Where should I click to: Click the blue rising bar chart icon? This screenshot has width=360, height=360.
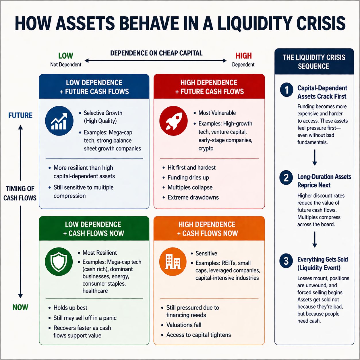pos(59,121)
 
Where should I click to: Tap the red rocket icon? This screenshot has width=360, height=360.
pos(173,121)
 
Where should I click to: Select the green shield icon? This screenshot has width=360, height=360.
pos(59,262)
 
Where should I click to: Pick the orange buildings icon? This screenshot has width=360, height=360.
pos(173,262)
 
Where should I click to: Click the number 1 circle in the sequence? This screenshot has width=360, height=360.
pos(287,90)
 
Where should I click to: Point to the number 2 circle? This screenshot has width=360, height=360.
pos(286,178)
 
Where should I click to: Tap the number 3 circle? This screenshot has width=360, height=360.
pos(286,261)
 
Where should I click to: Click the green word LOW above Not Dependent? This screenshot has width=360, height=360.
pos(65,56)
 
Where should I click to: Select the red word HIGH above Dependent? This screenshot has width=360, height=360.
pos(243,56)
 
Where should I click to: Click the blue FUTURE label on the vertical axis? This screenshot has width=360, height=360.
pos(20,115)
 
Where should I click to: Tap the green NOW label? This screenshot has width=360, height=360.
pos(20,307)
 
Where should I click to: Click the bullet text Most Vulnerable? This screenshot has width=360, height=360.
pos(217,113)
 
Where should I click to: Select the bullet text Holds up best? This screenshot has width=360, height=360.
pos(70,308)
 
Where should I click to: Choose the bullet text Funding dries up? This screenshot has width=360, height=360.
pos(188,177)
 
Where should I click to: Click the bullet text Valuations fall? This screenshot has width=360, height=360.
pos(184,325)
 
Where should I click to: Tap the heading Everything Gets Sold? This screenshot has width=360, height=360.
pos(322,260)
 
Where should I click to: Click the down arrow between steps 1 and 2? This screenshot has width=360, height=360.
pos(315,158)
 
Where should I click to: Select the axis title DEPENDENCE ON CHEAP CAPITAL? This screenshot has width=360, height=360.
pos(156,53)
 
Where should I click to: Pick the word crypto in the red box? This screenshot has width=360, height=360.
pos(206,148)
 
